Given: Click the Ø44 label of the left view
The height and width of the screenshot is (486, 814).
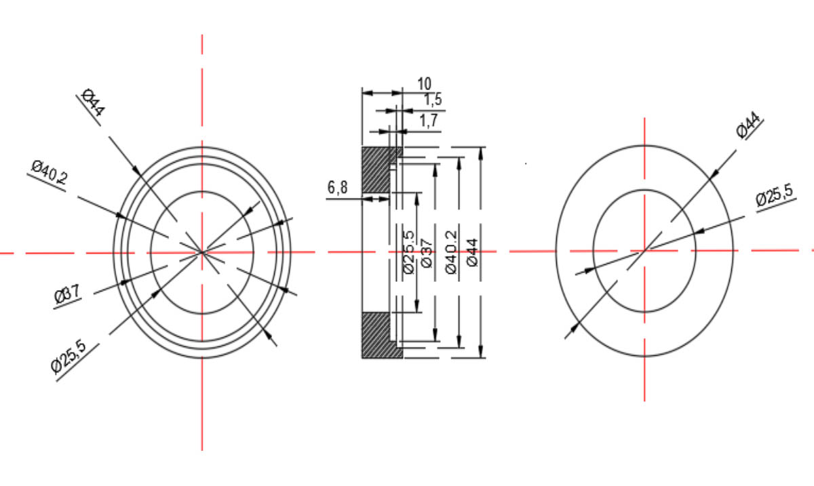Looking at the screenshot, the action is pos(94,102).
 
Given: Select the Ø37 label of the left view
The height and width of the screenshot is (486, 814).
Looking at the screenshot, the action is pos(67,294).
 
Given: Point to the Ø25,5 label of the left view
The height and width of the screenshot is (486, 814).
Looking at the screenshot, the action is pos(69,357).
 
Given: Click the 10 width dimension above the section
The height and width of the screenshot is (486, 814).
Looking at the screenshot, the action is pos(424,84).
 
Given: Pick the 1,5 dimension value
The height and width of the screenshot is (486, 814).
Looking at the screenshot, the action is pos(433,100).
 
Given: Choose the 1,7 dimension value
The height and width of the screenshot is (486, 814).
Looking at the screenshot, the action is pos(429,121).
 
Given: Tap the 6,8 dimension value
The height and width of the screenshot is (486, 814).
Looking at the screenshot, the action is pos(338,188).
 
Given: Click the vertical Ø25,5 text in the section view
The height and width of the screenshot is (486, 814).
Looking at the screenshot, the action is pos(409,251).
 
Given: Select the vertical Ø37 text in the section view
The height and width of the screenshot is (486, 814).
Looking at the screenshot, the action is pos(427,254).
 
